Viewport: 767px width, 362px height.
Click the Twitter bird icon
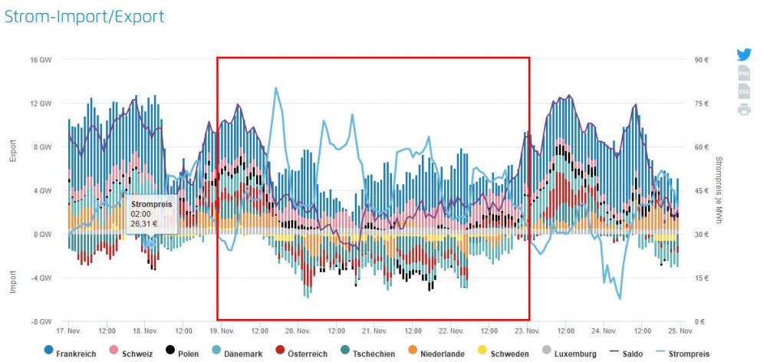point(744,54)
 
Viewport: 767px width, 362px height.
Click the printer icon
point(744,109)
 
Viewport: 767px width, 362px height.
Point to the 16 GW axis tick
point(39,60)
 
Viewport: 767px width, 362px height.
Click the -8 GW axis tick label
point(39,321)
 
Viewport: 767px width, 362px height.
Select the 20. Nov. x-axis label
point(298,331)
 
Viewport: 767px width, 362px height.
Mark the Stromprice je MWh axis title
point(719,190)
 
